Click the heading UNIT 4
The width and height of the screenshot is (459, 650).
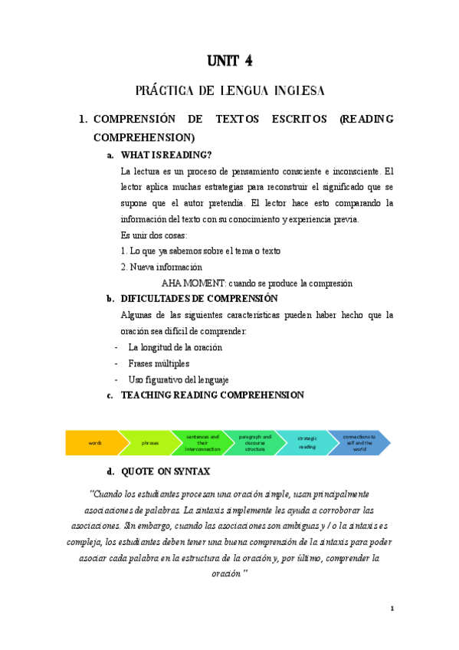tap(230, 61)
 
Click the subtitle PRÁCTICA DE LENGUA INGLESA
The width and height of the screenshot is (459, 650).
tap(230, 91)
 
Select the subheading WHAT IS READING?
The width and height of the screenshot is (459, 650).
tap(166, 155)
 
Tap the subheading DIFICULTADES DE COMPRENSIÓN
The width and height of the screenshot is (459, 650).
tap(199, 298)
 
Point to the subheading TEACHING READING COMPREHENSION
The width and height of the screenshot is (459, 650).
tap(212, 395)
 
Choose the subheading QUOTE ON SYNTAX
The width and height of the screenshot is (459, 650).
tap(166, 471)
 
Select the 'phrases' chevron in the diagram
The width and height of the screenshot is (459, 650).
tap(149, 443)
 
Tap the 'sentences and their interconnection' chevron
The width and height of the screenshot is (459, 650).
tap(201, 443)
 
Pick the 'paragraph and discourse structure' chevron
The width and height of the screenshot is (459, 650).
tap(254, 443)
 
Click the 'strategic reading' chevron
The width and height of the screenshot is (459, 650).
tap(307, 443)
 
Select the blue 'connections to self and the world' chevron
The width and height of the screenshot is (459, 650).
tap(359, 443)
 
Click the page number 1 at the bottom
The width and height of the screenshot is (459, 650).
tap(392, 609)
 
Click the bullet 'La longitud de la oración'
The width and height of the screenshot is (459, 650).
tap(175, 347)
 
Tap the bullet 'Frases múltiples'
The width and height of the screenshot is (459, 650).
tap(159, 363)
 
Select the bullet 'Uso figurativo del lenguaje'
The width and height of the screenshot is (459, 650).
tap(179, 379)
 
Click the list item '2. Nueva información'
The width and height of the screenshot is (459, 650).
tap(161, 267)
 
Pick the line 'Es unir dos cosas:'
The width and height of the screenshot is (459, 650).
tap(154, 235)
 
